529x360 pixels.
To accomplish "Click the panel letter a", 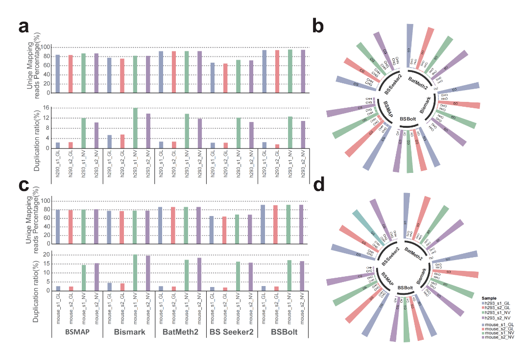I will [24, 27].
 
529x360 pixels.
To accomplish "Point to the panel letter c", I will [23, 187].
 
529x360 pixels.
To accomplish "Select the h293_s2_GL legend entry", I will [500, 308].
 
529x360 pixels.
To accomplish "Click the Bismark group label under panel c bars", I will [128, 333].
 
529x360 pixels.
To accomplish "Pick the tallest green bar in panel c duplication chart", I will [136, 272].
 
